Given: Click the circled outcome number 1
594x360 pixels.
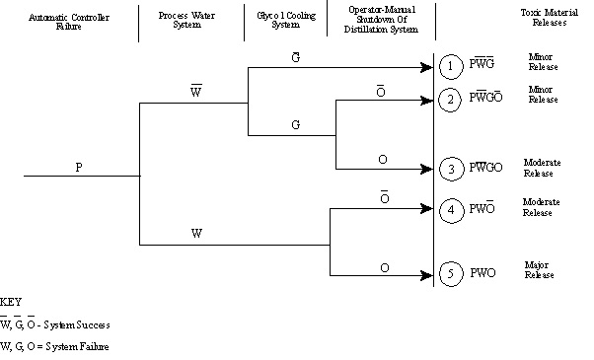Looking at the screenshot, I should [x=449, y=68].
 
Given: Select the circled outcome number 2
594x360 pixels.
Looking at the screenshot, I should [x=449, y=99].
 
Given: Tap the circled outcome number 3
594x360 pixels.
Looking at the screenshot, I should [x=449, y=168].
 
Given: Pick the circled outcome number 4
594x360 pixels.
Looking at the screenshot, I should [x=449, y=209].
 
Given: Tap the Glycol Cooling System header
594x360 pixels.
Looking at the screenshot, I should [x=277, y=22].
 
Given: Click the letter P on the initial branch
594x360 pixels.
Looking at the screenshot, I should [x=79, y=167].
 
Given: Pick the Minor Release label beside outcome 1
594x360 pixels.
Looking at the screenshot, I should [x=543, y=62].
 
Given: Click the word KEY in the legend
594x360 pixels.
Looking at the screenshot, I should [x=12, y=302].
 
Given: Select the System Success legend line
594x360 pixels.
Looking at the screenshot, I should [x=54, y=324].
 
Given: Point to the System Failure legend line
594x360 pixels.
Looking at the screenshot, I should [x=55, y=347].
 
